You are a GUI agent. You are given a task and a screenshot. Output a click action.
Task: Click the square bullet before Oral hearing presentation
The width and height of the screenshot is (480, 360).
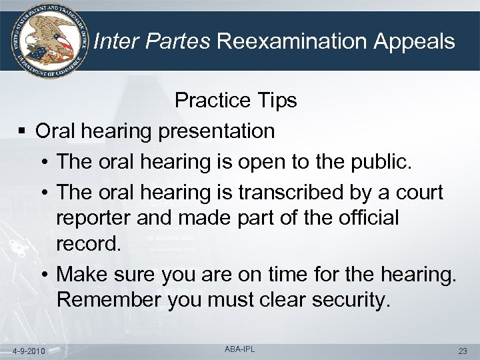click(x=23, y=131)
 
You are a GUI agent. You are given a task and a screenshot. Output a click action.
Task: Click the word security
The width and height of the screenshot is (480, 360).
click(x=347, y=301)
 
